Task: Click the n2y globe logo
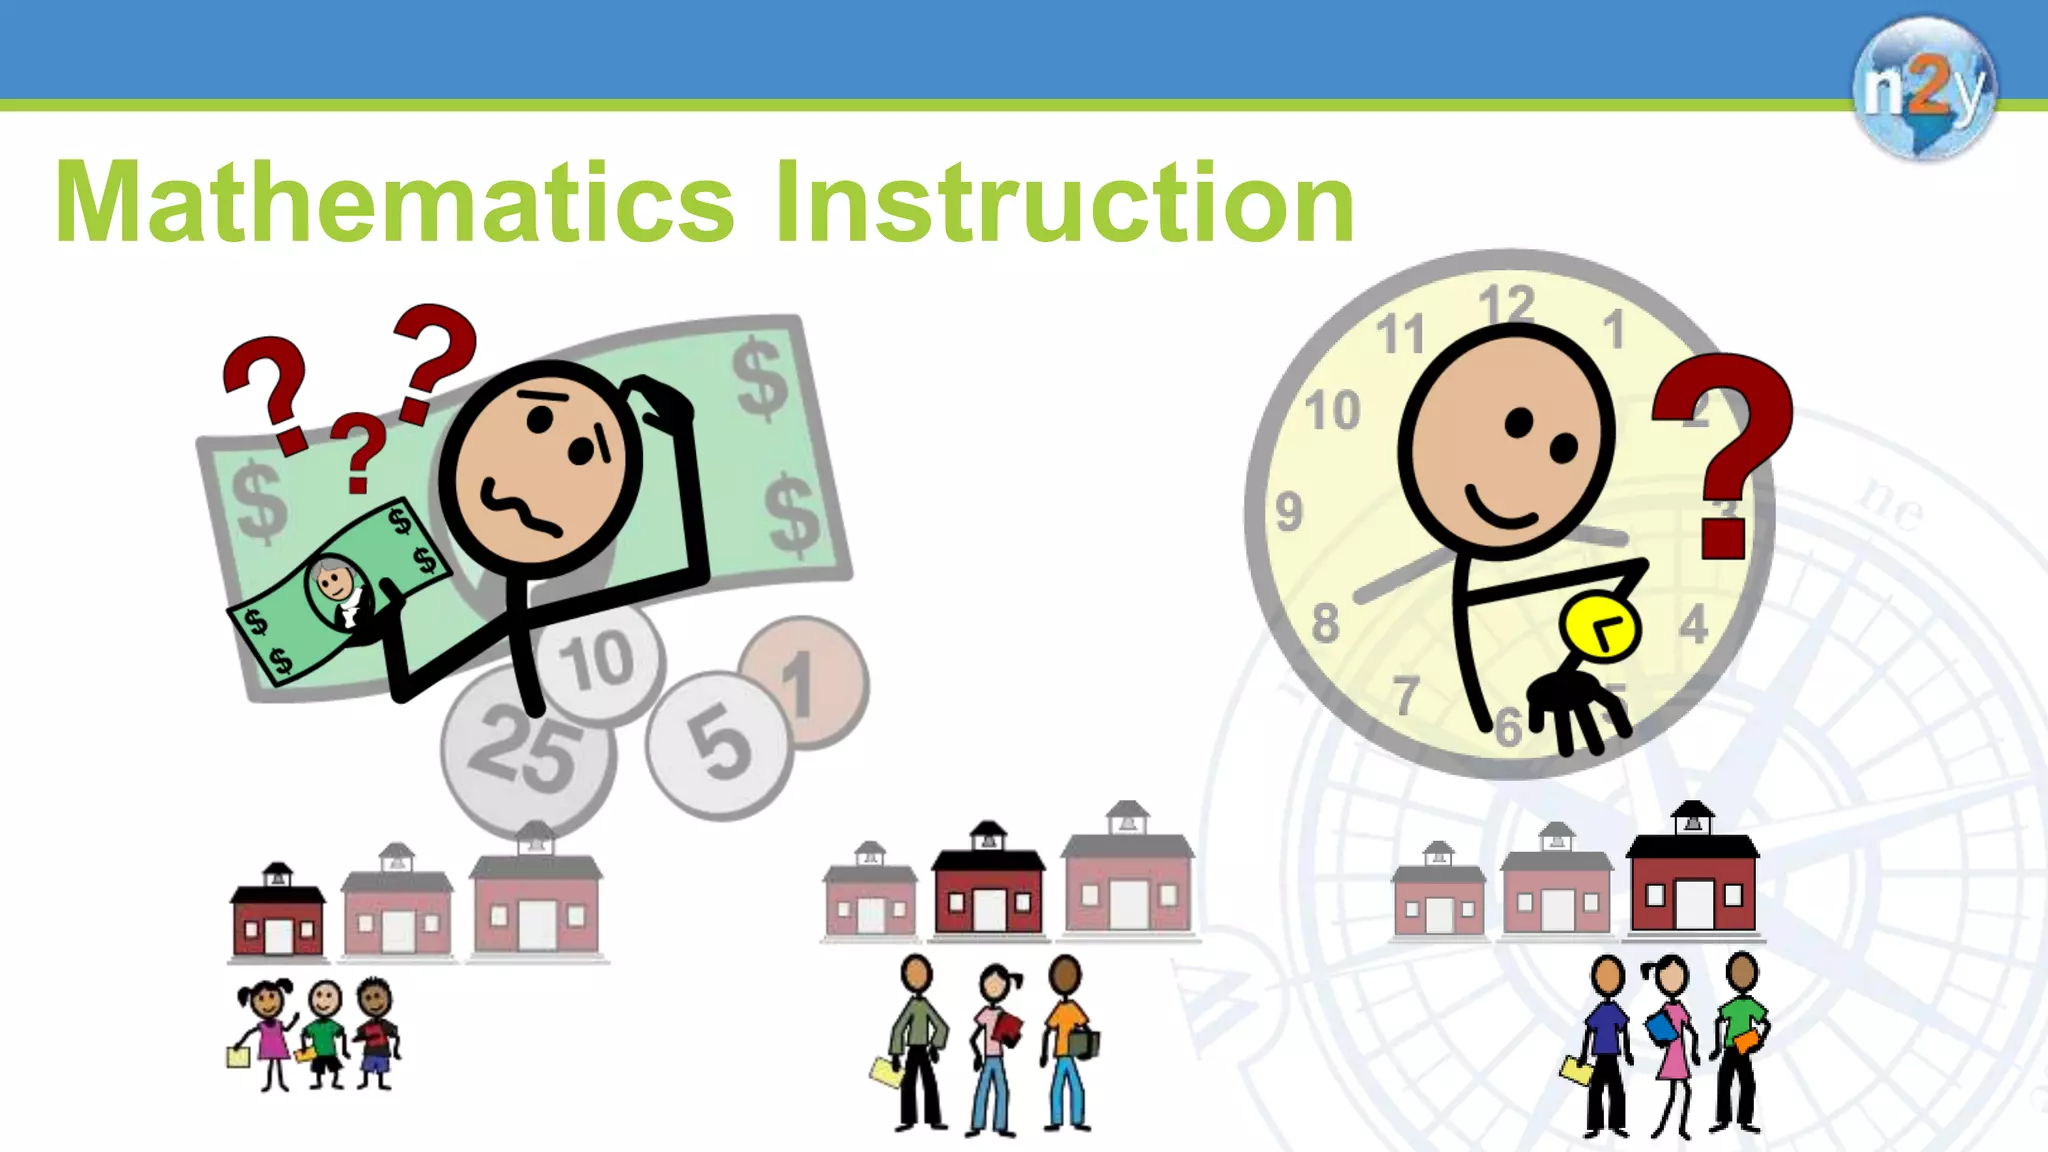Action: pyautogui.click(x=1923, y=88)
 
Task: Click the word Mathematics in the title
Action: pyautogui.click(x=395, y=203)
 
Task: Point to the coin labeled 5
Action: pyautogui.click(x=718, y=745)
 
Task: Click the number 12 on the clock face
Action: pyautogui.click(x=1507, y=304)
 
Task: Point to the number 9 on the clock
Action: pyautogui.click(x=1290, y=512)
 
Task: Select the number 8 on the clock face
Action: pyautogui.click(x=1325, y=623)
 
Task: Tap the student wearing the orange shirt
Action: pyautogui.click(x=1067, y=1040)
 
